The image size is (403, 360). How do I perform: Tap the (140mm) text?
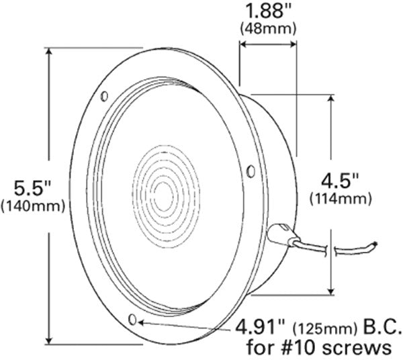34,206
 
